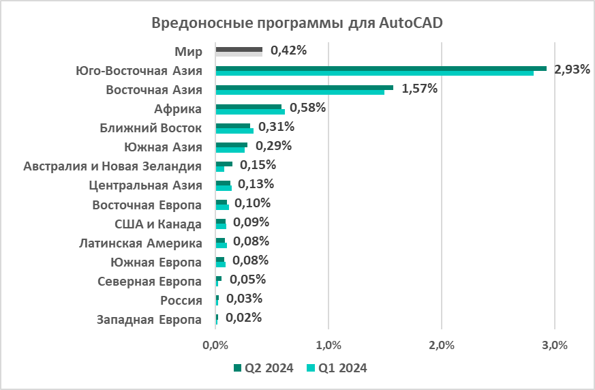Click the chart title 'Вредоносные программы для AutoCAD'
pyautogui.click(x=296, y=23)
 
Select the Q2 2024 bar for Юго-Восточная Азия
pyautogui.click(x=380, y=68)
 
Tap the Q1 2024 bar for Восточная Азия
pyautogui.click(x=300, y=92)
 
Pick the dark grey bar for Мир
pyautogui.click(x=239, y=49)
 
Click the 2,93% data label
pyautogui.click(x=572, y=69)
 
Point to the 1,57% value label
pyautogui.click(x=419, y=88)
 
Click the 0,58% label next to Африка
pyautogui.click(x=307, y=107)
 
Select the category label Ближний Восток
pyautogui.click(x=151, y=127)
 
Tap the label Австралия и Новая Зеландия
pyautogui.click(x=112, y=166)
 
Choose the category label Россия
pyautogui.click(x=181, y=301)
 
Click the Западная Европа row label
pyautogui.click(x=149, y=320)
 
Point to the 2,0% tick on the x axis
pyautogui.click(x=442, y=346)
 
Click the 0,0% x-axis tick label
pyautogui.click(x=215, y=346)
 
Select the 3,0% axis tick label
pyautogui.click(x=554, y=346)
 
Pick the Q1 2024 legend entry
pyautogui.click(x=337, y=368)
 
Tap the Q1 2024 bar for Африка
pyautogui.click(x=250, y=111)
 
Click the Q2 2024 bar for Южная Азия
pyautogui.click(x=231, y=145)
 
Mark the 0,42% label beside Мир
pyautogui.click(x=288, y=50)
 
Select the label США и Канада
pyautogui.click(x=157, y=224)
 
